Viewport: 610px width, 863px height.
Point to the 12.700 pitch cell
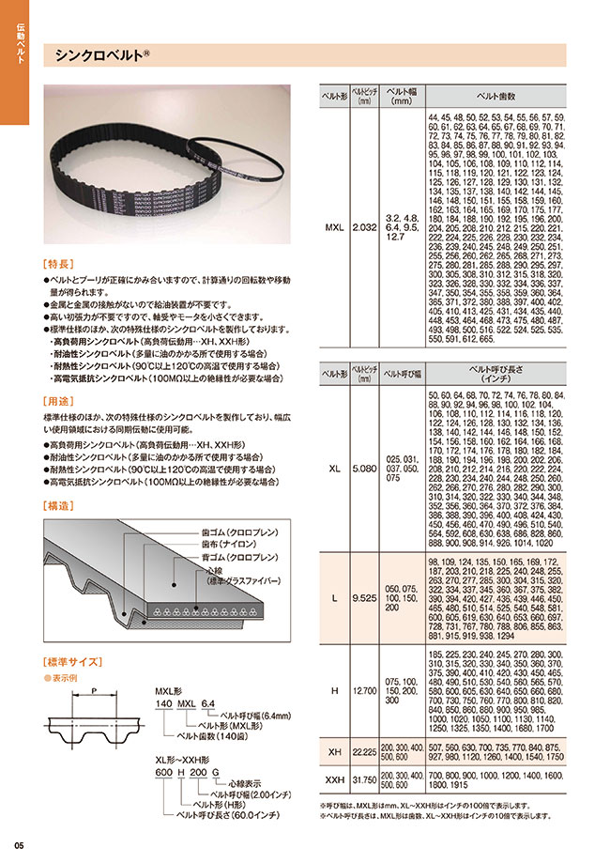pyautogui.click(x=363, y=691)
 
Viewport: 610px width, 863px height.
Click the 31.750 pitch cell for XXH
pyautogui.click(x=363, y=778)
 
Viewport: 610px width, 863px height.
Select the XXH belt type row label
pyautogui.click(x=334, y=778)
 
